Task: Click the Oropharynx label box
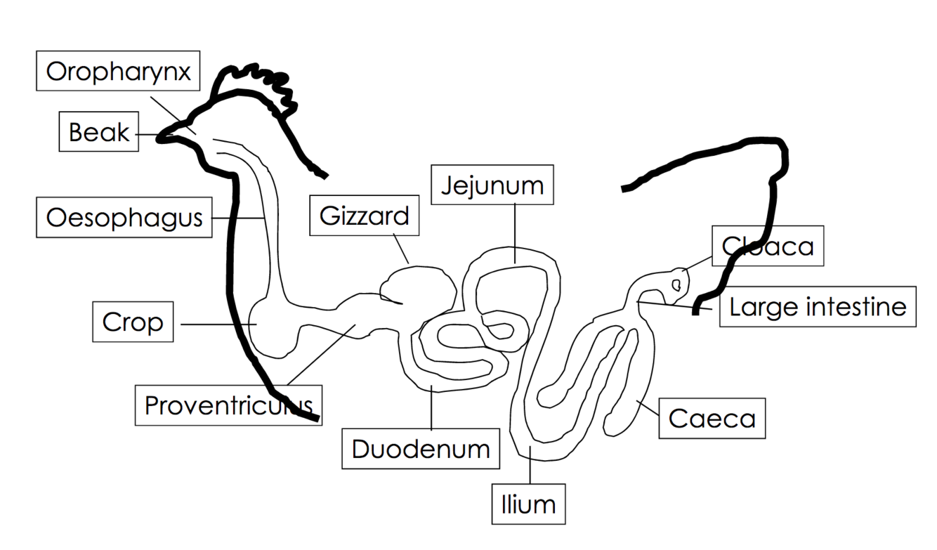(x=118, y=71)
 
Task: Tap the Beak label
(x=98, y=131)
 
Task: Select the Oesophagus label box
(x=124, y=218)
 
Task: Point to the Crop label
(x=132, y=322)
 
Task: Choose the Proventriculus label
(x=228, y=405)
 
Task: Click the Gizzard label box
(x=364, y=216)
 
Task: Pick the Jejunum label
(x=492, y=185)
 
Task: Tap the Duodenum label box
(x=421, y=449)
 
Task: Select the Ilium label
(x=528, y=504)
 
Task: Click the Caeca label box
(x=712, y=419)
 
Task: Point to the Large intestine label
(x=818, y=307)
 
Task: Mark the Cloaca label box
(x=767, y=246)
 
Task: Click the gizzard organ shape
(x=418, y=287)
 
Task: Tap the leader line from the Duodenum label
(x=431, y=407)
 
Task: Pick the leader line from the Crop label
(x=218, y=324)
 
